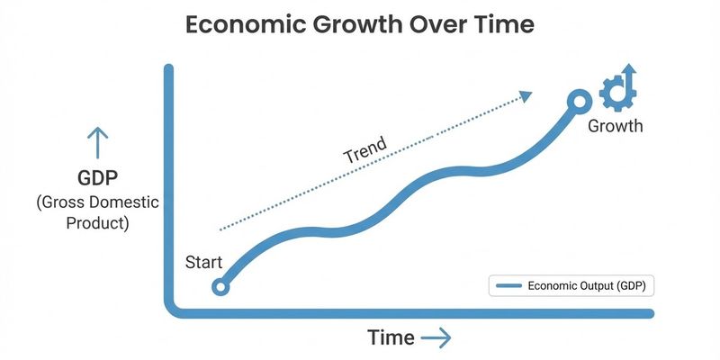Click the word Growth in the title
(365, 25)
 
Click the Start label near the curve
(203, 263)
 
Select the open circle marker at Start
(220, 287)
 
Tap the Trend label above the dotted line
(365, 149)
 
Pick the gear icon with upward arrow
(618, 87)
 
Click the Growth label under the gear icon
(616, 125)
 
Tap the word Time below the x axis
(391, 337)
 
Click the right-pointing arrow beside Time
(436, 337)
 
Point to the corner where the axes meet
(170, 310)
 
